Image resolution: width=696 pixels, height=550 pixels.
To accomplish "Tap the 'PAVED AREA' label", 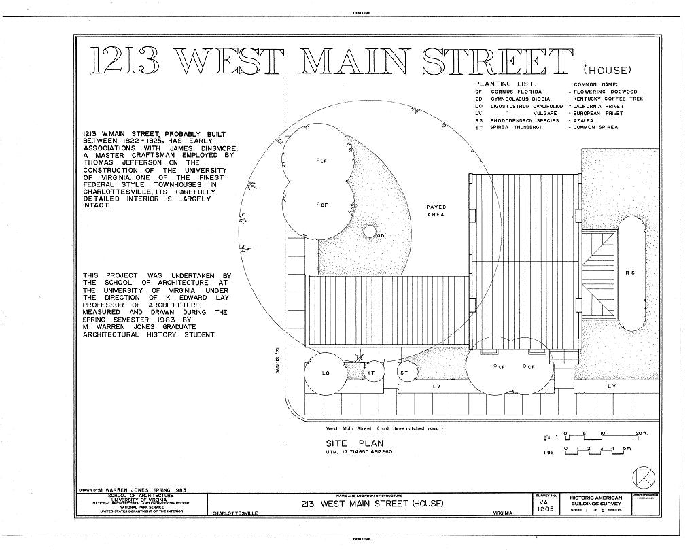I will (436, 211).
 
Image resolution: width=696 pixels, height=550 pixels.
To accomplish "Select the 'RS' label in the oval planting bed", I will (630, 273).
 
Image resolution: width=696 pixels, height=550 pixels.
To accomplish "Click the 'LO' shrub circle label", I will (326, 373).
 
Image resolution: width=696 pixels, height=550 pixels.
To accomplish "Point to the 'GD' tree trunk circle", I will (370, 231).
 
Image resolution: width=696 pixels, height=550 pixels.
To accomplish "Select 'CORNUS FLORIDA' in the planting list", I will (518, 92).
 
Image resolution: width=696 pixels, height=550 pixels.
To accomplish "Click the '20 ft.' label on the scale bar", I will (640, 434).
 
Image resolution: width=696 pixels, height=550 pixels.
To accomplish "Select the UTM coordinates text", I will (360, 452).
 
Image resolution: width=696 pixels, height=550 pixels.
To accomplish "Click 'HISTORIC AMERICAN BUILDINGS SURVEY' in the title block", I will (595, 501).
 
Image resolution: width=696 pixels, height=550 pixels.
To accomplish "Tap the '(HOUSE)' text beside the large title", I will (607, 70).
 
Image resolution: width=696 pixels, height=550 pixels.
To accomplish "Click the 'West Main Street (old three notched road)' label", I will (384, 428).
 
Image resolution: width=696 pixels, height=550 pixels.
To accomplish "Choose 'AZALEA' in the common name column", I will (584, 120).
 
